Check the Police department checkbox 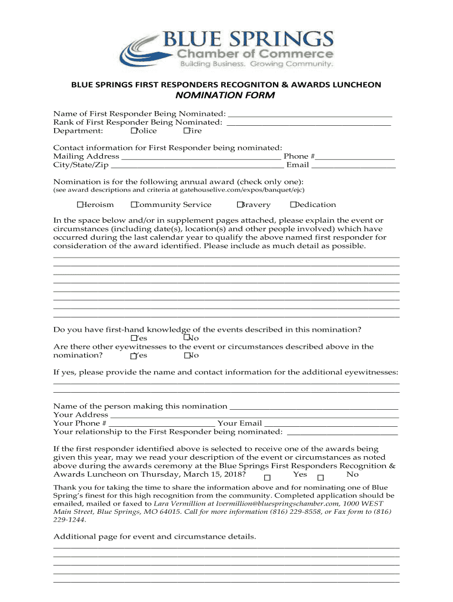(134, 131)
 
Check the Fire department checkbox (186, 131)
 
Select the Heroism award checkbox (79, 205)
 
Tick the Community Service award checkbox (134, 205)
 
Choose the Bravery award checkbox (240, 205)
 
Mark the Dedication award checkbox (293, 205)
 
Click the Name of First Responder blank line (309, 114)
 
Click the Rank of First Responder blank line (308, 123)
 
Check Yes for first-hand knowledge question (134, 339)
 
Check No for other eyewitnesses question (187, 356)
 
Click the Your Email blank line (331, 424)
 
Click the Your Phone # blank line (162, 424)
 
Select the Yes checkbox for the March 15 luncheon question (267, 477)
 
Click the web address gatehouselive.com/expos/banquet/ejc (240, 190)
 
